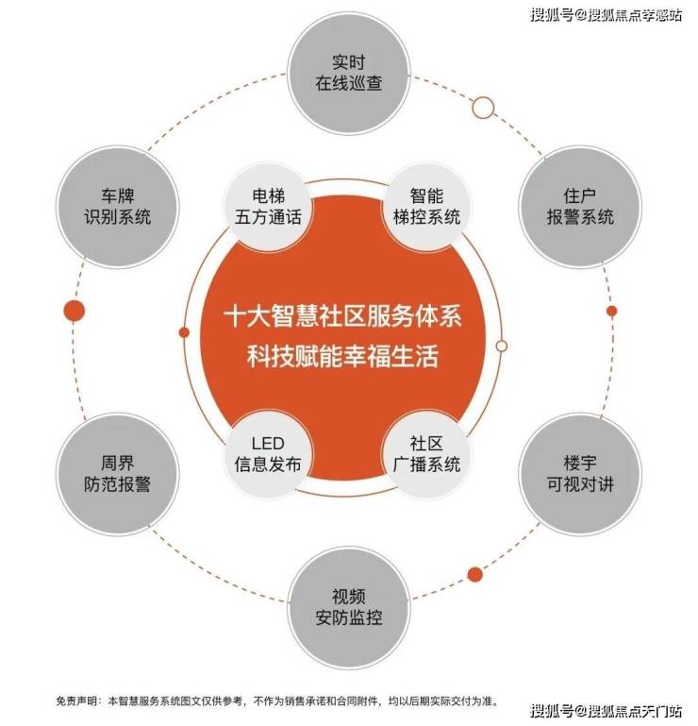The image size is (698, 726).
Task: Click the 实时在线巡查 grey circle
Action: coord(349,73)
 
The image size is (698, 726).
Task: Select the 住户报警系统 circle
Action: coord(580,207)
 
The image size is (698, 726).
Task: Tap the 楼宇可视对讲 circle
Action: coord(580,474)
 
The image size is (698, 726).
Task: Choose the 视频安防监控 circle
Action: coord(349,607)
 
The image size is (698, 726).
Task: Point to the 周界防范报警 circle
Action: coord(118,474)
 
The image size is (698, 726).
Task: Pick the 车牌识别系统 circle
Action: coord(118,207)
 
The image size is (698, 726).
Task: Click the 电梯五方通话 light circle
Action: coord(268,207)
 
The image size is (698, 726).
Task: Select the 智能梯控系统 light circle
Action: coord(426,207)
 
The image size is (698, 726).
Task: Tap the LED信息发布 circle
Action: coord(268,454)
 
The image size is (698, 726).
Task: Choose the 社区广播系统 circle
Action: coord(426,454)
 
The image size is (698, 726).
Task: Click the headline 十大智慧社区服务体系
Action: coord(342,316)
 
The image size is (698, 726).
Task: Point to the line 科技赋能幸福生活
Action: coord(342,357)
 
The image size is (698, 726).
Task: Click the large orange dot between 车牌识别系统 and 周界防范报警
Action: coord(74,311)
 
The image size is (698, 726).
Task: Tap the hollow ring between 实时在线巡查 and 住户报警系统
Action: coord(483,108)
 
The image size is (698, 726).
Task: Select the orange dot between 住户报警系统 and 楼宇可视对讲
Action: coord(611,311)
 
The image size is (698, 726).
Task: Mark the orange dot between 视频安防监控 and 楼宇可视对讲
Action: coord(474,574)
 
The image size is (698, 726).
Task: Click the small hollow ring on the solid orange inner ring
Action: coord(502,346)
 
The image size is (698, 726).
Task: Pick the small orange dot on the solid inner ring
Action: coord(184,332)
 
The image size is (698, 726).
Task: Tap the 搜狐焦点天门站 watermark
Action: coord(606,710)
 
